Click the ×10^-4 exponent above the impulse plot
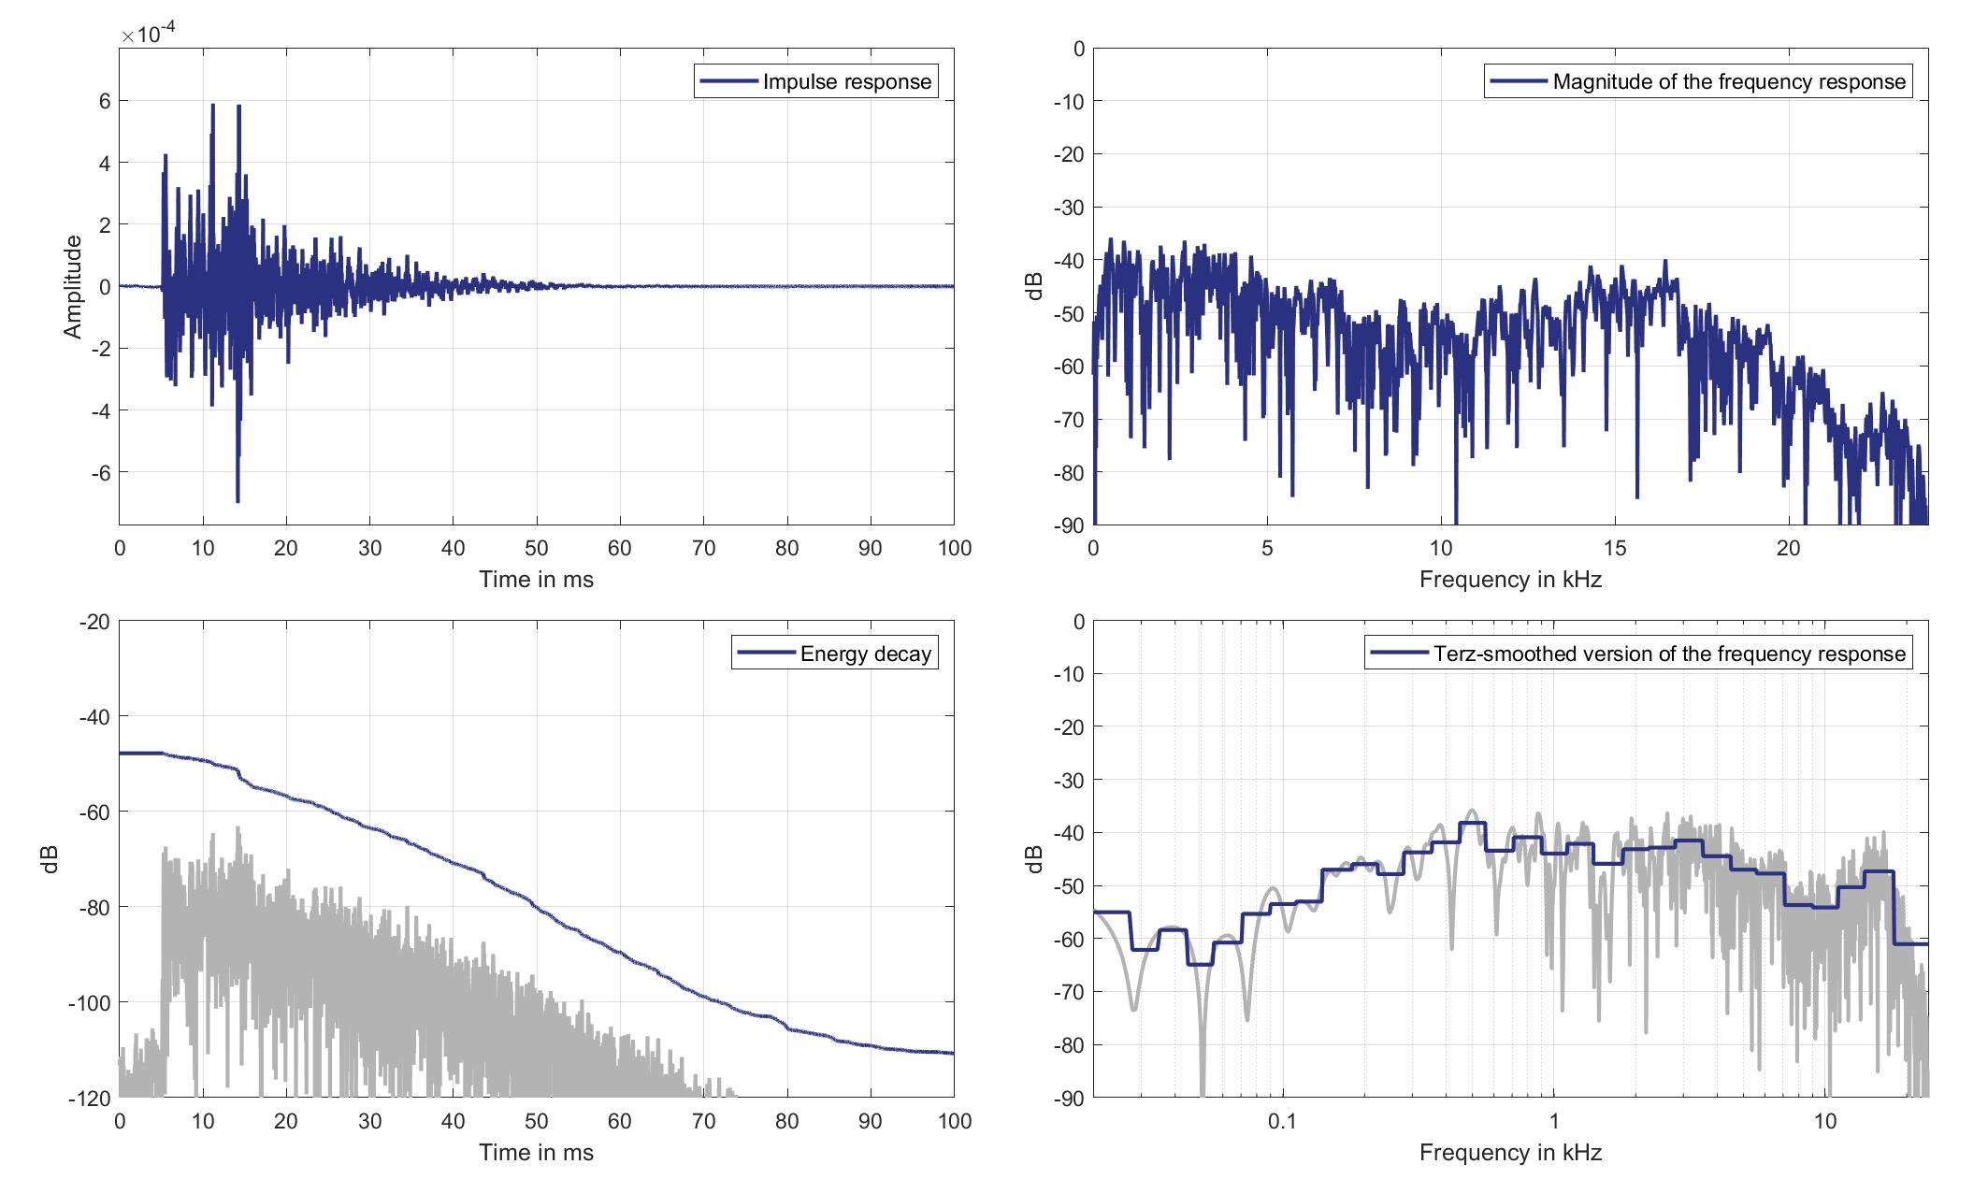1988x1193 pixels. click(x=149, y=35)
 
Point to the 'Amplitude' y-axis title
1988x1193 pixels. click(x=73, y=286)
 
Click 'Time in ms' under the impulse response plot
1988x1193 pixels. click(x=536, y=580)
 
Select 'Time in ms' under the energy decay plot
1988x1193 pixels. click(x=536, y=1153)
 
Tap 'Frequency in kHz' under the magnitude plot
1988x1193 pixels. click(x=1510, y=580)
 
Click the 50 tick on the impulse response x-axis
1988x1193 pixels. click(x=537, y=549)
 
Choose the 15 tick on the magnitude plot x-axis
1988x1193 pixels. click(x=1615, y=549)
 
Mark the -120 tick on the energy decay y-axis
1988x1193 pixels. click(x=90, y=1098)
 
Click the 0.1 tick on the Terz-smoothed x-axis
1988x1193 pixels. click(x=1282, y=1121)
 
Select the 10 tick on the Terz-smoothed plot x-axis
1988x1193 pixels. click(x=1825, y=1121)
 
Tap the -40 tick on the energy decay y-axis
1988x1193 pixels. click(x=95, y=717)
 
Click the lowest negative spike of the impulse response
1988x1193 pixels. click(x=238, y=501)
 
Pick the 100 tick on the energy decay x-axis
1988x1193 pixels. click(x=954, y=1121)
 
